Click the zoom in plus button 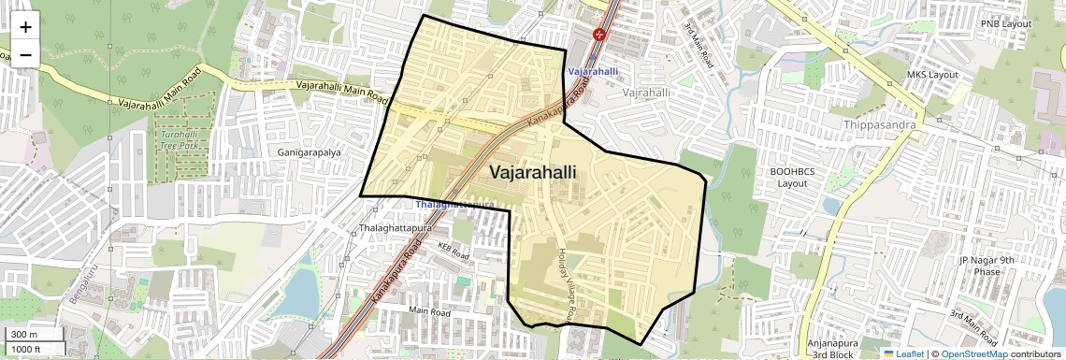[x=25, y=27]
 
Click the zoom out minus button [x=25, y=54]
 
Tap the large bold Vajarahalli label [x=533, y=173]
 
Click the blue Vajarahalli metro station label [x=593, y=71]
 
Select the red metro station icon [x=599, y=35]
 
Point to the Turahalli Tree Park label [x=178, y=139]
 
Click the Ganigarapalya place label [x=309, y=151]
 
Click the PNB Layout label [x=1005, y=23]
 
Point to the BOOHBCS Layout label [x=792, y=178]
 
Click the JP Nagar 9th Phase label [x=979, y=266]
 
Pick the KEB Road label [x=453, y=251]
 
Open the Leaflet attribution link [x=903, y=353]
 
